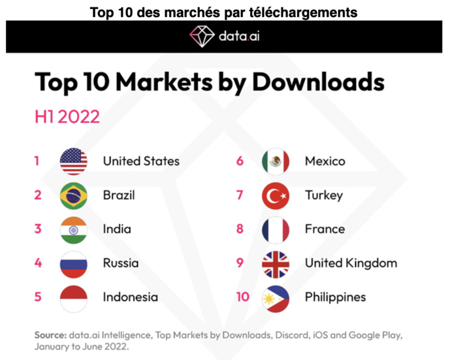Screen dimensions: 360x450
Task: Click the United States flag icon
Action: [73, 161]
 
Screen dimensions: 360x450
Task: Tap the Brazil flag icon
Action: [73, 195]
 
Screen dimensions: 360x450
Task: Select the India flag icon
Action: [73, 229]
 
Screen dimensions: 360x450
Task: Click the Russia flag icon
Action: [73, 263]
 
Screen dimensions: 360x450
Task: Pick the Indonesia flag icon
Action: [73, 297]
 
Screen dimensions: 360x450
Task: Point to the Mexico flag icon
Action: [275, 161]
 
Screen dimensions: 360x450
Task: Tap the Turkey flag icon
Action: [275, 195]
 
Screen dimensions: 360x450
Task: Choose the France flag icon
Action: [275, 229]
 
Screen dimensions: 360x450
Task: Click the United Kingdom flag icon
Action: [275, 263]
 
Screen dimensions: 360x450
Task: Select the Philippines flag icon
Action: [275, 297]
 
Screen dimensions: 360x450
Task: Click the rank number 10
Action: [242, 297]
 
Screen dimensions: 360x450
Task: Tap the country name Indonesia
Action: [130, 297]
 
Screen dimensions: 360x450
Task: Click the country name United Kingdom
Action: [350, 263]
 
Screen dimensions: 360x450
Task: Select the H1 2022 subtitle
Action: [67, 116]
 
